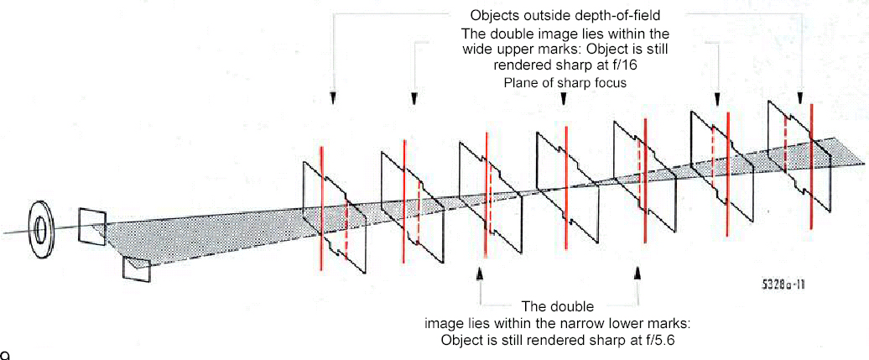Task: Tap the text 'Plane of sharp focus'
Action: click(x=565, y=82)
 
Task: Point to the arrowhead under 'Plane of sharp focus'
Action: click(x=563, y=99)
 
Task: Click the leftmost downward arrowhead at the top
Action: click(x=333, y=98)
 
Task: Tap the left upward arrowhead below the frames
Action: click(x=479, y=273)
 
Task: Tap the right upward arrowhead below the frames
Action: click(x=637, y=273)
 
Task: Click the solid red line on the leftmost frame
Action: click(x=320, y=207)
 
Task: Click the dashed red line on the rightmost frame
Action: click(x=785, y=143)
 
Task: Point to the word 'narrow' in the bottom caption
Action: click(x=596, y=324)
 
